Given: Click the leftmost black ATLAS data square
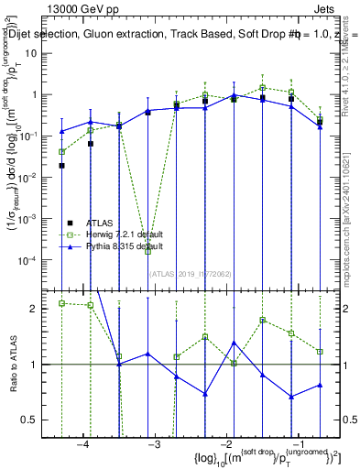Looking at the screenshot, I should [x=61, y=166].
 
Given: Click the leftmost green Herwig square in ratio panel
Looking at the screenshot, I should [x=61, y=303].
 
